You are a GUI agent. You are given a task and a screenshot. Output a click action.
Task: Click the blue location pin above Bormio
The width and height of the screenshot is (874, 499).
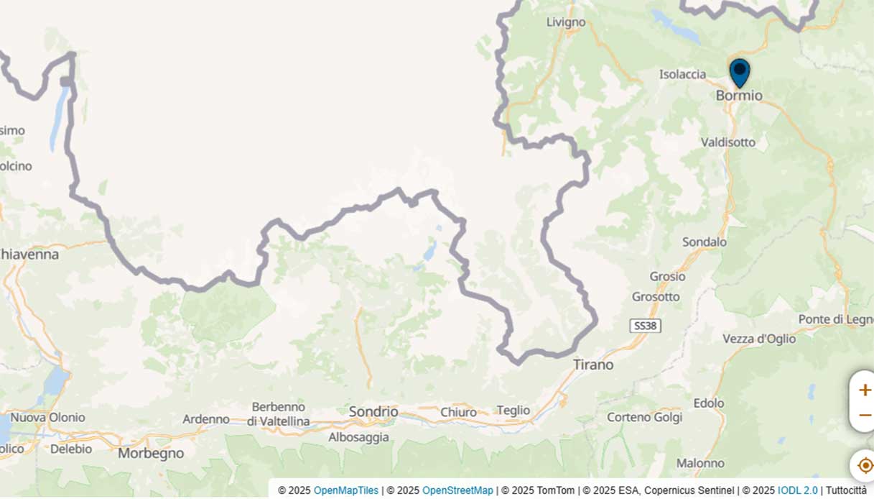point(739,73)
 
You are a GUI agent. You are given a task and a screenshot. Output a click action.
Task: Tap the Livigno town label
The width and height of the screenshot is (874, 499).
point(566,22)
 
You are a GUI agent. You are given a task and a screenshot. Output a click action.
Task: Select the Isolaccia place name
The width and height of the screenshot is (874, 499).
point(682,74)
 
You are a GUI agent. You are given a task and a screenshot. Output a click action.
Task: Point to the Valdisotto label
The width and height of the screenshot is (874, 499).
point(728,142)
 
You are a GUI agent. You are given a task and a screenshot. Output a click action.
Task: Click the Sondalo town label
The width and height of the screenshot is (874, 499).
point(704,242)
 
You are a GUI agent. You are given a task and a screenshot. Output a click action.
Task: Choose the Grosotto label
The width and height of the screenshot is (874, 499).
point(655,297)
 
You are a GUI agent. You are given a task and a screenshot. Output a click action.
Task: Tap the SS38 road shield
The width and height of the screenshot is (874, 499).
point(645,326)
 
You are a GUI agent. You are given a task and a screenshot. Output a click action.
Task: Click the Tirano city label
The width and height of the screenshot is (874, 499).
point(593,365)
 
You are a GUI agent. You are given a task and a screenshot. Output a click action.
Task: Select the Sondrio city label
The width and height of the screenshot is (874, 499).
point(373,412)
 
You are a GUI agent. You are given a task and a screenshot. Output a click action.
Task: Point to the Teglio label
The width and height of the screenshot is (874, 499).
point(513,411)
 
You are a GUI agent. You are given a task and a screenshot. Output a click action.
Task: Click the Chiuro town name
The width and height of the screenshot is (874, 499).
point(458,413)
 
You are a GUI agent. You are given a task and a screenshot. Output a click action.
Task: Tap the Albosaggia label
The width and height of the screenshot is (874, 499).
point(358,437)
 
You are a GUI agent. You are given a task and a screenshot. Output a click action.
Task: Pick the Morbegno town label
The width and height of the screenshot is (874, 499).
point(151,454)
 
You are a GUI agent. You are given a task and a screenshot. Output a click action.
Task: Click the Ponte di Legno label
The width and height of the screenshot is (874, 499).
point(836,319)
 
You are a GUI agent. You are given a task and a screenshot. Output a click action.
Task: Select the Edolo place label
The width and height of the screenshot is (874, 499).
point(709,403)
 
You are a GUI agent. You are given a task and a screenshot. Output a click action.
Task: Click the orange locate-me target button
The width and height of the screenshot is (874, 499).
point(865,465)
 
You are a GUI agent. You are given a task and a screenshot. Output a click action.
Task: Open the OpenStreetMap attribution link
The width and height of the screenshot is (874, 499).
point(457,490)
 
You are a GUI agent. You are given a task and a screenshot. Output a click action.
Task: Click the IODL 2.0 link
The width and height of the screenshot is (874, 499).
point(797,490)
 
